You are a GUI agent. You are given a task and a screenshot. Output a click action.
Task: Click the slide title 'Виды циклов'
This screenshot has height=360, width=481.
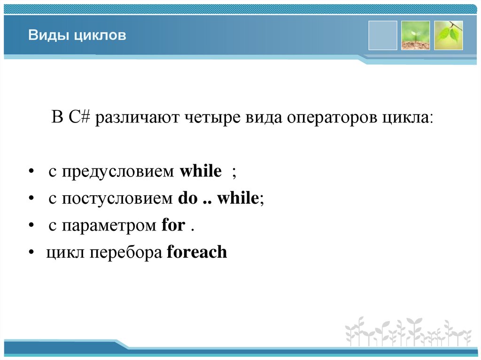tap(77, 36)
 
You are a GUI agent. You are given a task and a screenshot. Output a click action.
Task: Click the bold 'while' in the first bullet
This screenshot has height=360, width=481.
tap(201, 171)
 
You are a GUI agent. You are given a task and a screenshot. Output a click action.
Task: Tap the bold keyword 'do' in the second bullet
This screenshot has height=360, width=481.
tap(187, 199)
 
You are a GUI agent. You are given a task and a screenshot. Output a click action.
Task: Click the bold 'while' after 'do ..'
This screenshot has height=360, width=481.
tap(238, 199)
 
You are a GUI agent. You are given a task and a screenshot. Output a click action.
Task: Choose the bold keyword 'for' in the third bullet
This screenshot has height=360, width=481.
tap(173, 225)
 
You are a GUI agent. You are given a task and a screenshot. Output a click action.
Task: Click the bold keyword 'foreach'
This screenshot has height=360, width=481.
tap(197, 252)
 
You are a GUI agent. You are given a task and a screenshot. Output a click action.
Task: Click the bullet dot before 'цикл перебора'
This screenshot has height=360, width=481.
tap(31, 253)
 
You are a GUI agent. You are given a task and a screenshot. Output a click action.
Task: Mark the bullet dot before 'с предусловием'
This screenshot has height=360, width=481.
tap(31, 173)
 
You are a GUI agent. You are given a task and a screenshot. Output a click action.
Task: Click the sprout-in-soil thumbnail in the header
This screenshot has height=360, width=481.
tap(415, 35)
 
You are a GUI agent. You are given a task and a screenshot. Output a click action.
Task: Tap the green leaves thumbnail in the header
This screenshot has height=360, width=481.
tap(448, 35)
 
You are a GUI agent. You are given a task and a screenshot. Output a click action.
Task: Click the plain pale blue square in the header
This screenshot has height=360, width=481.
tap(382, 35)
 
